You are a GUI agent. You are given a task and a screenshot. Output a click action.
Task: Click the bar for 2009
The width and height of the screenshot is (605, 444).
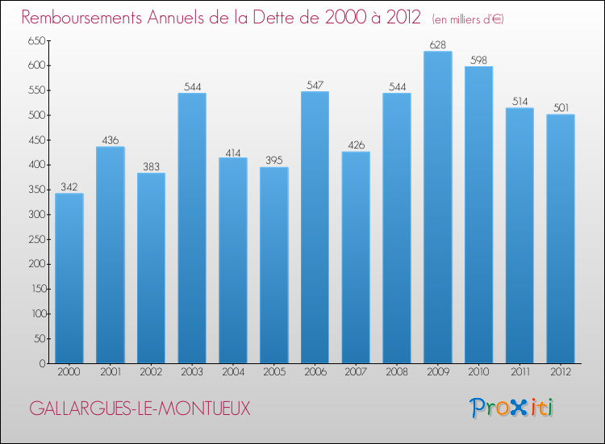tap(437, 207)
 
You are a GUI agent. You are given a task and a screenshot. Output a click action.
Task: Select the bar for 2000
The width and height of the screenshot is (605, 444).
tap(69, 279)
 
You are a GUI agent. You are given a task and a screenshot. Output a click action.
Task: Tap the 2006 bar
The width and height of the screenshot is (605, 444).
tap(315, 228)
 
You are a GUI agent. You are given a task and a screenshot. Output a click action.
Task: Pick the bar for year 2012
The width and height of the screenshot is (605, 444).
tap(560, 239)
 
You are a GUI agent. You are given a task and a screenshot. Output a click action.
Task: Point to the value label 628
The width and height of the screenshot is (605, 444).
tap(437, 45)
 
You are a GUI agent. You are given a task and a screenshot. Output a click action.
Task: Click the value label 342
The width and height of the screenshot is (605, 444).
tap(69, 187)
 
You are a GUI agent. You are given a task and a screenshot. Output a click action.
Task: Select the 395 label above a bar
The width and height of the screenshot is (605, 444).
tap(273, 161)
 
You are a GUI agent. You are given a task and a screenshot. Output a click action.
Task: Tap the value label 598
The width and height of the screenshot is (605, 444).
tap(478, 60)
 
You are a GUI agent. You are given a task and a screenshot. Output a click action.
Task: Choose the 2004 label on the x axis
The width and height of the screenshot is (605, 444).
tap(233, 372)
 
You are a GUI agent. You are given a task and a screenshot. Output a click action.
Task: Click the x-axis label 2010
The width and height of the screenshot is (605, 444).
tap(478, 372)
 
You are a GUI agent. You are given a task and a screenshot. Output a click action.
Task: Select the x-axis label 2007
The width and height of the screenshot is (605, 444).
tap(356, 372)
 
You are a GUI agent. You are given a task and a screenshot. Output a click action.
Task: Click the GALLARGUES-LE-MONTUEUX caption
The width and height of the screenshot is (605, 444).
tap(140, 409)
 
